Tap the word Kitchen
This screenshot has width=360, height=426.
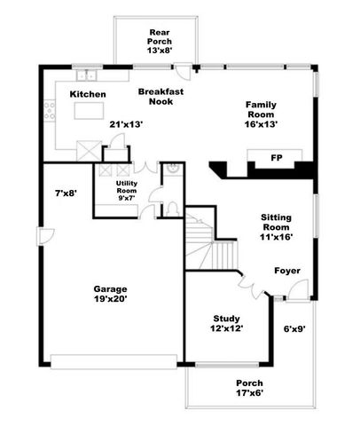coord(89,94)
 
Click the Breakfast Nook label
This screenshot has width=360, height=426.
coord(160,96)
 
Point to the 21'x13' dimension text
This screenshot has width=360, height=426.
coord(126,125)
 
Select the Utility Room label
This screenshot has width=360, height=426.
coord(133,192)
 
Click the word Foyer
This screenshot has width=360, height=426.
coord(286,270)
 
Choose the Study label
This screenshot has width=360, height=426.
coord(228,323)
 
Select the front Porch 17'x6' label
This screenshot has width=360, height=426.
coord(249,388)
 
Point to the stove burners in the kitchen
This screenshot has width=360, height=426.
coord(51,112)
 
